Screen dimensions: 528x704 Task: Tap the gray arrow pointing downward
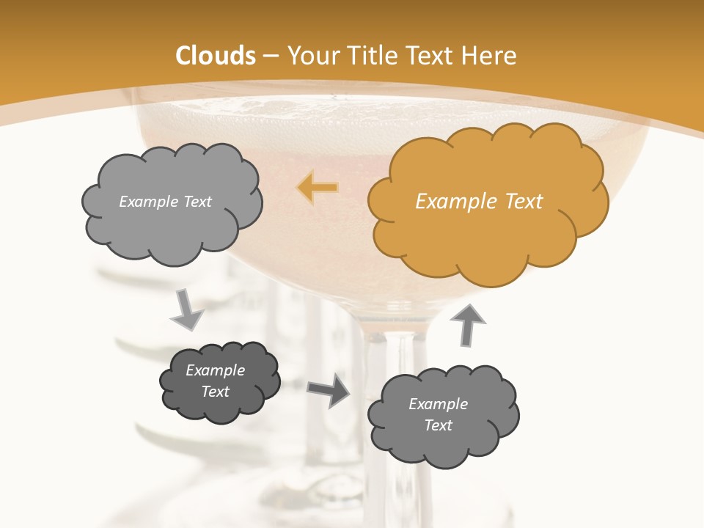pos(187,310)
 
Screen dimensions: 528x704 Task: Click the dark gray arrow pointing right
pos(329,390)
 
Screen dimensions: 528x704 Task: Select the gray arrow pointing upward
pos(470,324)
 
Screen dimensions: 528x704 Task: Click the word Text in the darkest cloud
pos(216,392)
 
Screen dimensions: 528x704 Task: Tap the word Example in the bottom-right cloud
pos(438,404)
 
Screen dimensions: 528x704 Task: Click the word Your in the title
pos(309,56)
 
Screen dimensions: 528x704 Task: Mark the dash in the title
pos(269,56)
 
